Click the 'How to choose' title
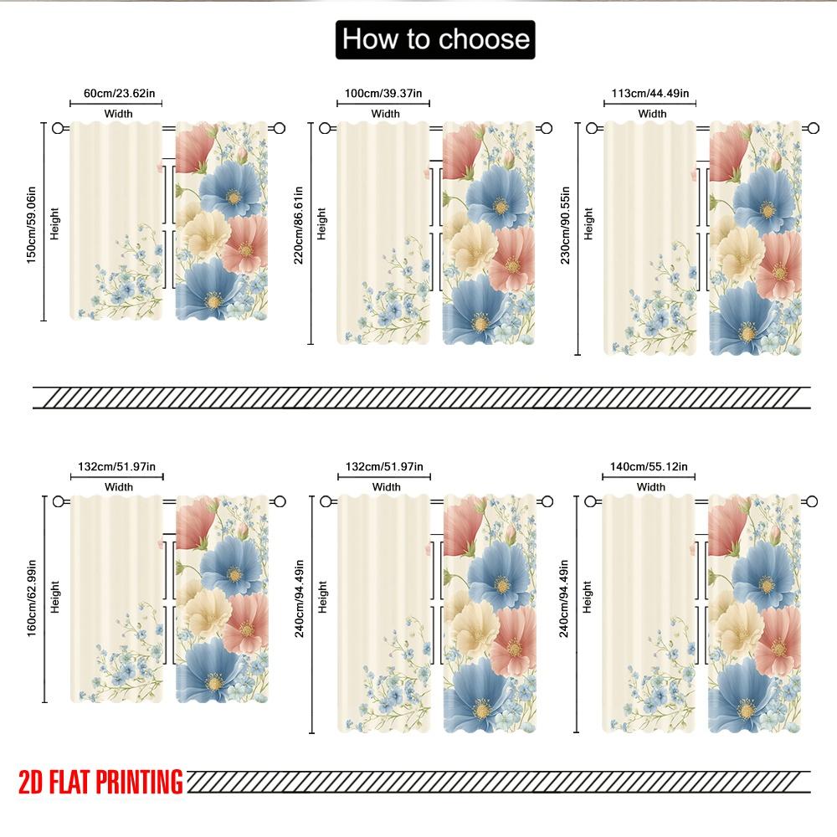coord(435,39)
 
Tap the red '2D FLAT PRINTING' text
coord(100,783)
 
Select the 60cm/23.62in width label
coord(116,95)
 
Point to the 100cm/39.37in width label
coord(384,95)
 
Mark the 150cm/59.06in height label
coord(32,221)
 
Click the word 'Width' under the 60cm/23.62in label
coord(118,114)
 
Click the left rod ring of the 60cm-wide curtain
coord(58,128)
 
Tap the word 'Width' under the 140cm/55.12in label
coord(650,486)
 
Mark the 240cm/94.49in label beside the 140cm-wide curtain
coord(566,599)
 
